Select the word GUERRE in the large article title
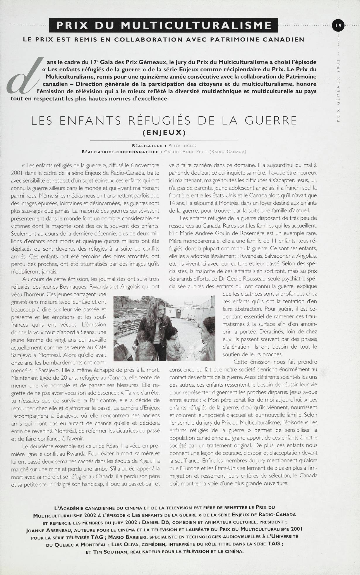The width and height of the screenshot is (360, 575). (x=269, y=120)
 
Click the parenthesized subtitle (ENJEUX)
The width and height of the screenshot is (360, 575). (x=164, y=132)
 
